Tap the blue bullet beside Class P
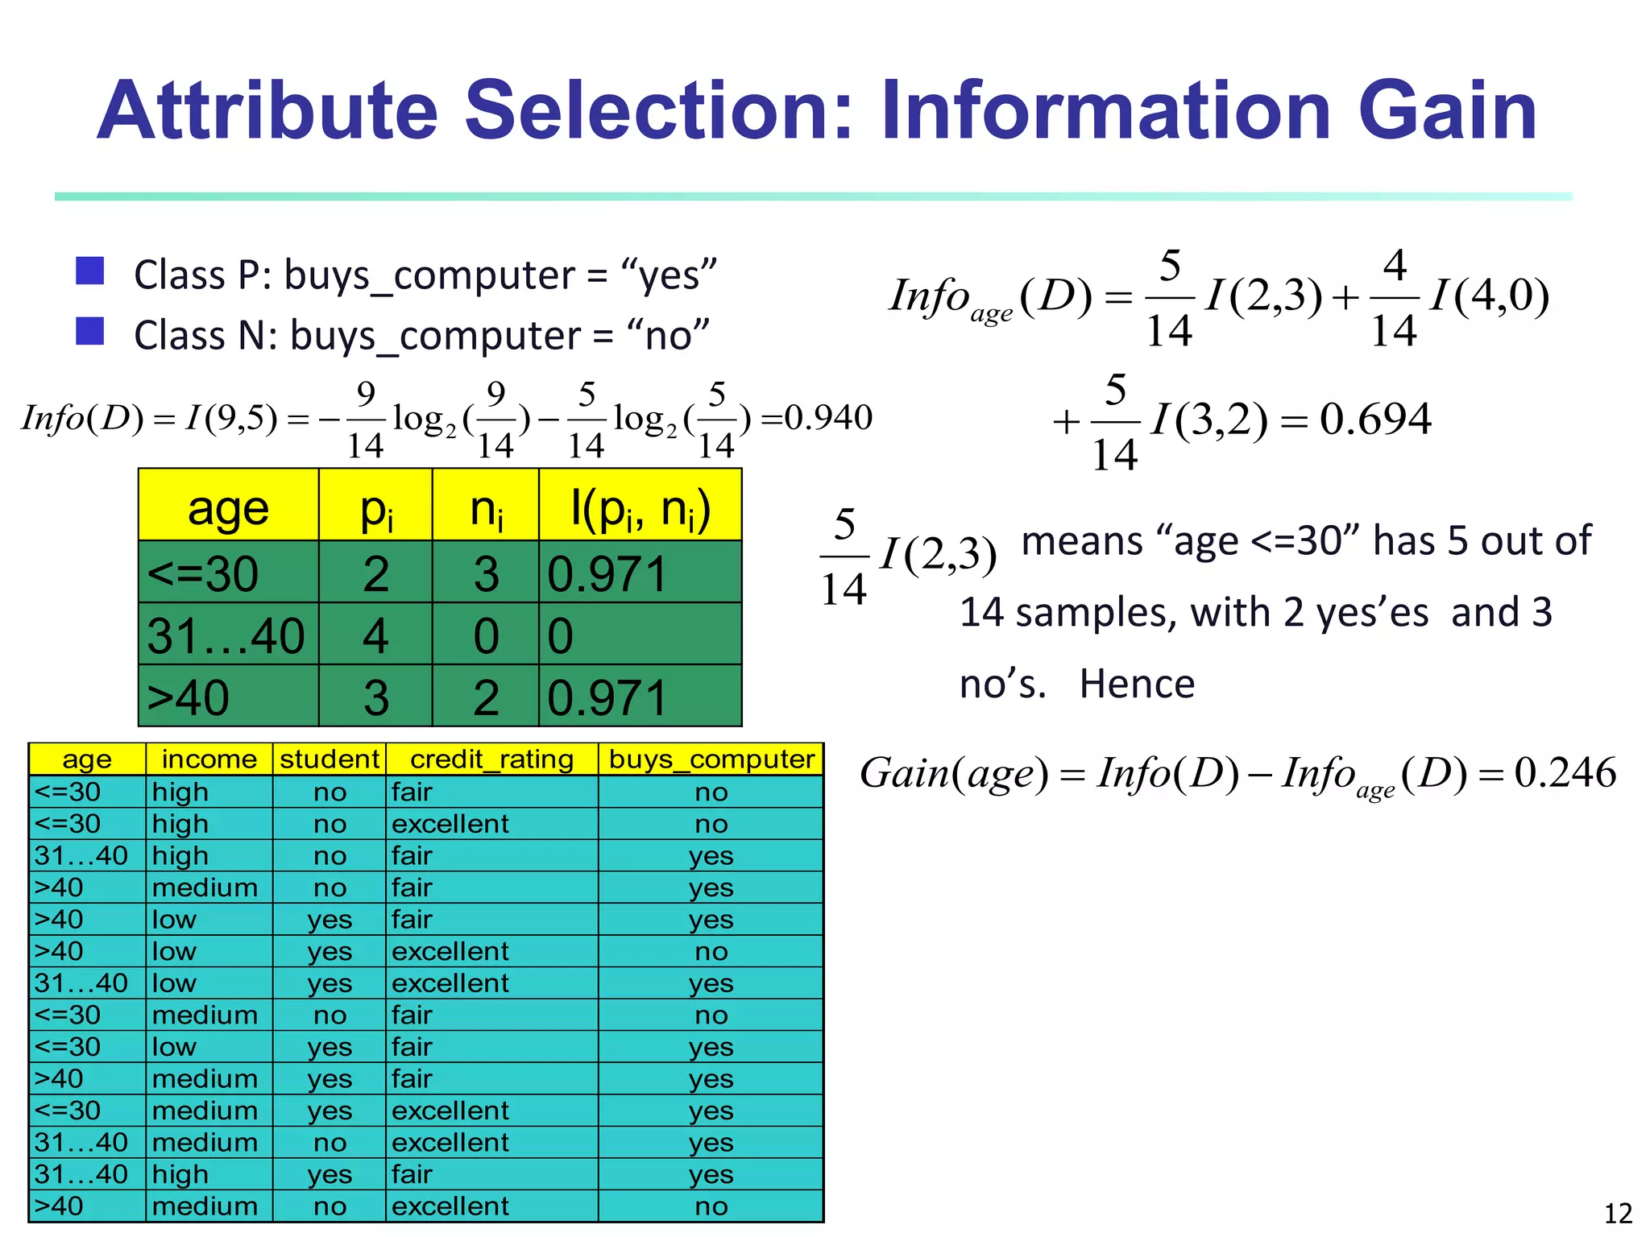pos(89,271)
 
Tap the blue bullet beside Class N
pos(89,331)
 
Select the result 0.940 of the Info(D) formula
pos(828,418)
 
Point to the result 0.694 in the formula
pos(1375,419)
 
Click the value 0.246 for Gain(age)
pos(1565,773)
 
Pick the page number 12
pos(1618,1213)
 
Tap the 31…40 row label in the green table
pos(226,636)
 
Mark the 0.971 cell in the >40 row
pos(607,697)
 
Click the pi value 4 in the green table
pos(375,636)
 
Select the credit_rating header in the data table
pos(491,759)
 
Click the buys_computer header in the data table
pos(711,759)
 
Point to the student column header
pos(329,759)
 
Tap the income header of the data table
pos(209,759)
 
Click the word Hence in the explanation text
pos(1137,685)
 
